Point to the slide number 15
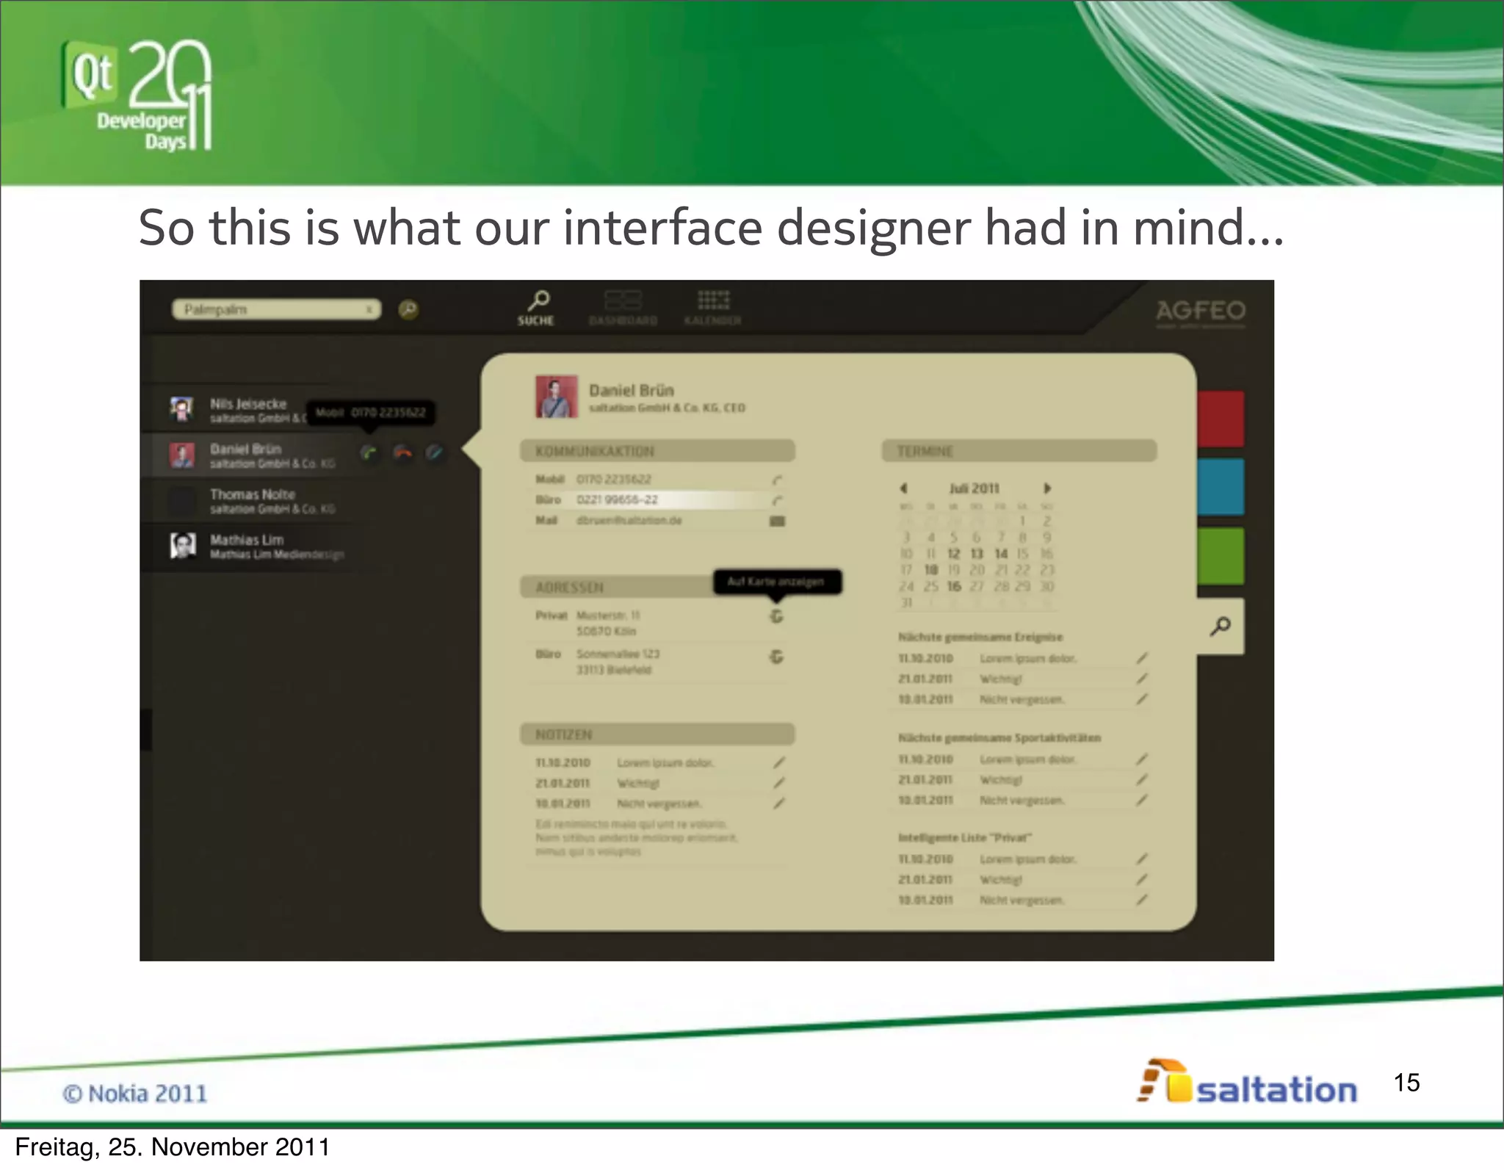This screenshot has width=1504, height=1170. [x=1406, y=1083]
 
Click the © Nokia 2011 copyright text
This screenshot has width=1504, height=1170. [x=135, y=1094]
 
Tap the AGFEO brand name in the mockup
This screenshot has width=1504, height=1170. [x=1201, y=311]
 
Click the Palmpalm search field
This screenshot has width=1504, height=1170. [x=275, y=309]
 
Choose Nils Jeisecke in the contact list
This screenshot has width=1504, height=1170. [x=248, y=404]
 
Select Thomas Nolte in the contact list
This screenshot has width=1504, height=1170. [x=253, y=494]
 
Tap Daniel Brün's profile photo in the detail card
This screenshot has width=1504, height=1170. [x=556, y=397]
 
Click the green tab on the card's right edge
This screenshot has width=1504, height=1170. [x=1221, y=556]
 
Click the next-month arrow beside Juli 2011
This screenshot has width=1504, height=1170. [x=1048, y=488]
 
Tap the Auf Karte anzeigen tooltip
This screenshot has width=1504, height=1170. [x=777, y=582]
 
